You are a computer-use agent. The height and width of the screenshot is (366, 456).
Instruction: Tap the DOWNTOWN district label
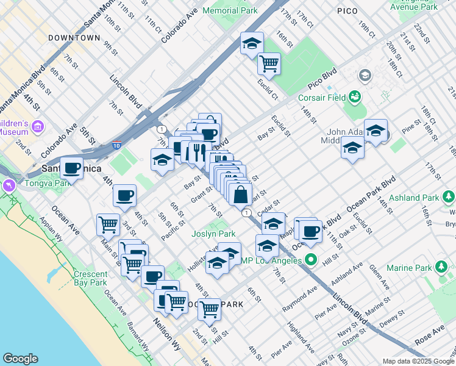(74, 38)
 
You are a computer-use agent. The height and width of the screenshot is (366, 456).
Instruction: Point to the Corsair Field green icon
(354, 96)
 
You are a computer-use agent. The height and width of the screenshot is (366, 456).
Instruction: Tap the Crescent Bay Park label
(90, 278)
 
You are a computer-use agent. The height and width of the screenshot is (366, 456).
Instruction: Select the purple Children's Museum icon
(38, 126)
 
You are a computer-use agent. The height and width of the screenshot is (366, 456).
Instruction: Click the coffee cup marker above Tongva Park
(71, 168)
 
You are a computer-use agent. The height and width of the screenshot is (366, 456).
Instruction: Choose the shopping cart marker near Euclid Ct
(268, 62)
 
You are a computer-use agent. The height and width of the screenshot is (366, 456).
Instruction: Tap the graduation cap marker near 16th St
(252, 43)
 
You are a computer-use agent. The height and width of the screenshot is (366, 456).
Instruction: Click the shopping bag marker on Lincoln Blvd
(241, 195)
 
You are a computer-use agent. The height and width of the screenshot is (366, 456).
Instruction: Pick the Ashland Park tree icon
(449, 196)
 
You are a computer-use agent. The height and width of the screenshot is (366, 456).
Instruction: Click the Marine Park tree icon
(442, 267)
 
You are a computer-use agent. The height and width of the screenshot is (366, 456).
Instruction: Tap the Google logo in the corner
(20, 359)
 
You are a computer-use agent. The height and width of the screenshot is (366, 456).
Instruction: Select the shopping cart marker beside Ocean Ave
(108, 224)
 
